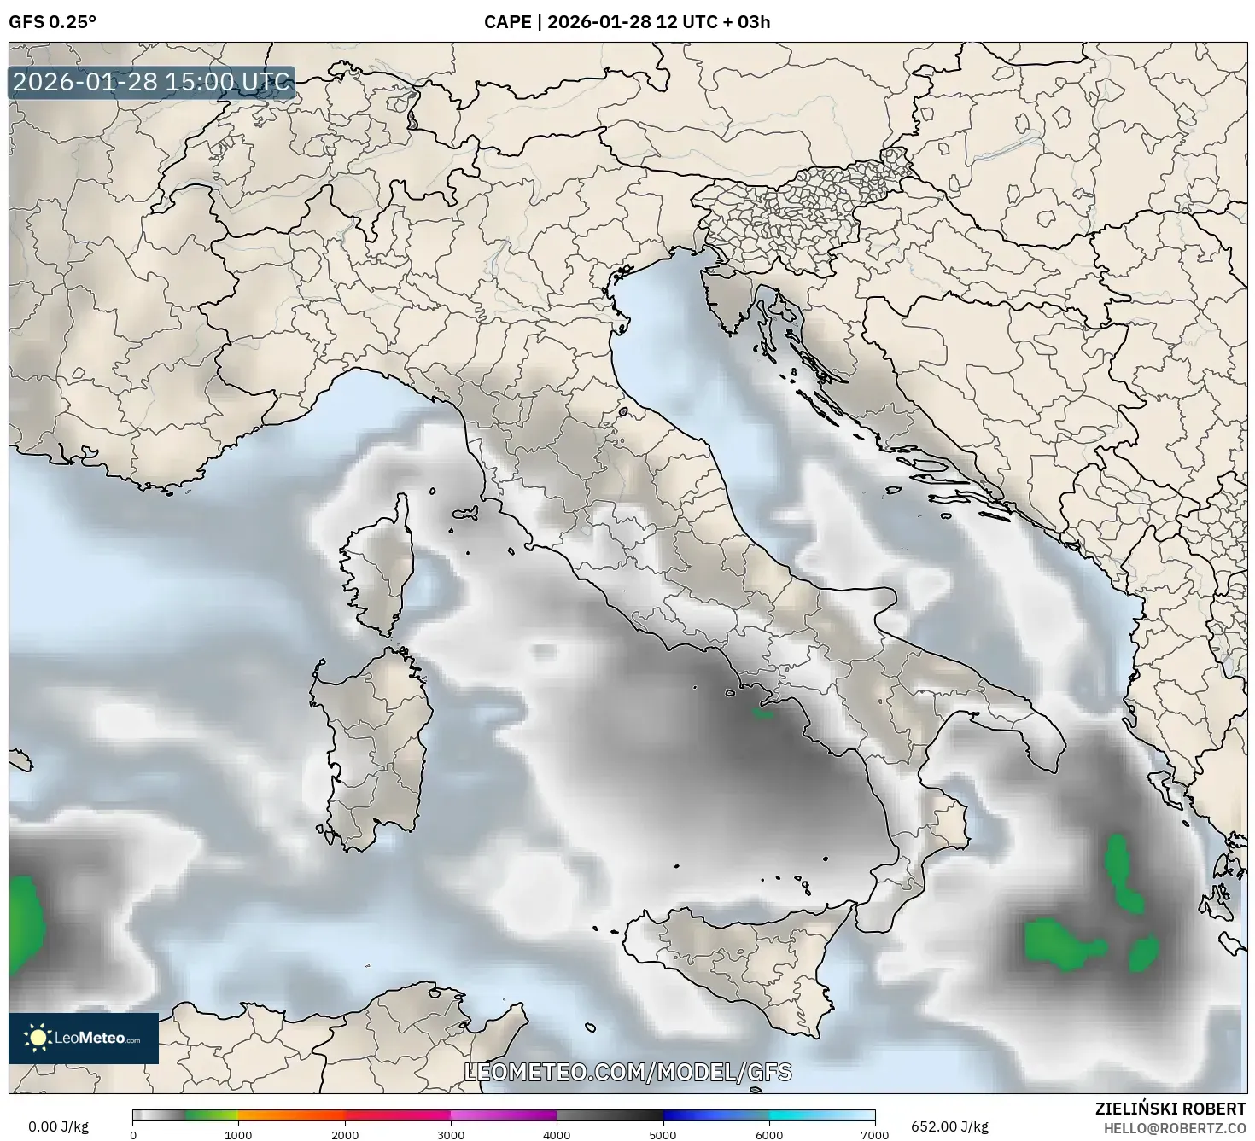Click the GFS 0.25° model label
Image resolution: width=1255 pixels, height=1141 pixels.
coord(52,22)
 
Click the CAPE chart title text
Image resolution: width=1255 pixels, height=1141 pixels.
coord(627,22)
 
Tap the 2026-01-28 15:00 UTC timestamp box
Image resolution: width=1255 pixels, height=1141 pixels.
coord(152,83)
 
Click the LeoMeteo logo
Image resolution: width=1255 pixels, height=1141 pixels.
coord(84,1038)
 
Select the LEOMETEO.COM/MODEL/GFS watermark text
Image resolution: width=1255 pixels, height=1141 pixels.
coord(627,1072)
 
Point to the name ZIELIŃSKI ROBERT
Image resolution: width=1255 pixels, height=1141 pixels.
coord(1170,1108)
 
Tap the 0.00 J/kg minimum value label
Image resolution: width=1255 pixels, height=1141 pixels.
coord(58,1126)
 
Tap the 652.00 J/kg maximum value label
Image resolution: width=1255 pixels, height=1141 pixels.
coord(949,1126)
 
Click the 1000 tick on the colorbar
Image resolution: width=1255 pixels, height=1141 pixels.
coord(238,1134)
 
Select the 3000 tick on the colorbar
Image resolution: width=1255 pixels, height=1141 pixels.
coord(451,1134)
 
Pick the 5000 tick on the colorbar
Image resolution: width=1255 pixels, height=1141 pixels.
coord(663,1134)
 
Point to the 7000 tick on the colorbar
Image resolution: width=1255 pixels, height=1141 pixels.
coord(875,1134)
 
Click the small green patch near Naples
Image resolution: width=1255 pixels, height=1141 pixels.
coord(761,711)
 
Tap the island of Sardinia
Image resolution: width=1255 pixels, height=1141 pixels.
coord(376,751)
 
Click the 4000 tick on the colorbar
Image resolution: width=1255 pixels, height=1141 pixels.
coord(557,1134)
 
